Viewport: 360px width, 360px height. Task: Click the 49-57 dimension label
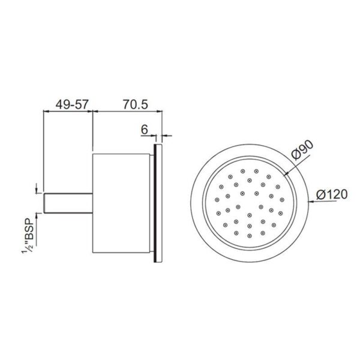tap(71, 104)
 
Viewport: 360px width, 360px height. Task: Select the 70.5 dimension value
tap(136, 104)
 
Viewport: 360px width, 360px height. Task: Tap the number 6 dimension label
tap(145, 130)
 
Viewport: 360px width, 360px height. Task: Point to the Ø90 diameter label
tap(302, 150)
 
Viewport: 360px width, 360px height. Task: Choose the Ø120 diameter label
tap(332, 194)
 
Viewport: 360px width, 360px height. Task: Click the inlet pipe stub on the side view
tap(68, 203)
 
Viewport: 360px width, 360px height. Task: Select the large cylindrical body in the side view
tap(121, 203)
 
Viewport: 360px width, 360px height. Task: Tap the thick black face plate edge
tap(155, 203)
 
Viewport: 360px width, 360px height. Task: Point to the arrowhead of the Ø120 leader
tap(310, 202)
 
